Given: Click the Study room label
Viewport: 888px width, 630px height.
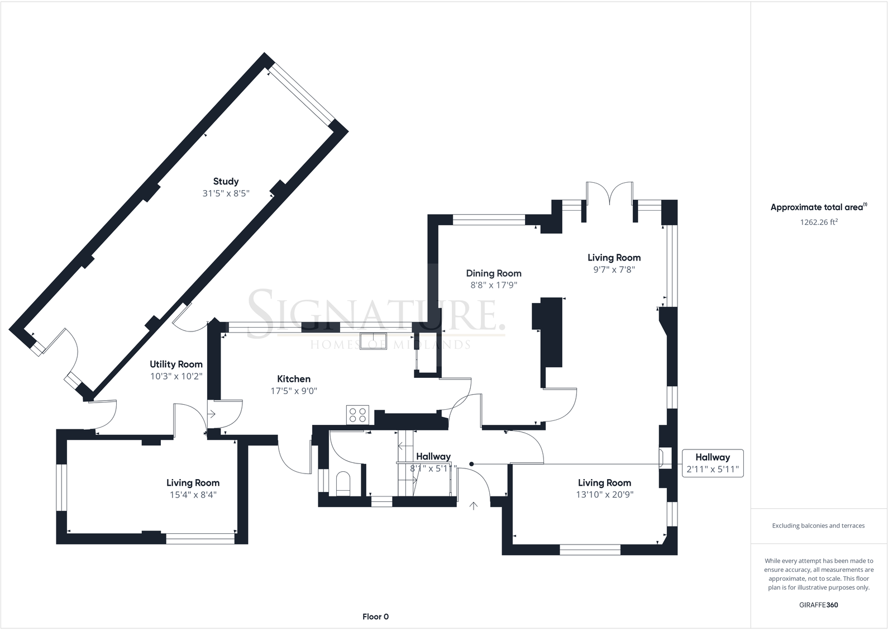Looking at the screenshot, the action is [226, 181].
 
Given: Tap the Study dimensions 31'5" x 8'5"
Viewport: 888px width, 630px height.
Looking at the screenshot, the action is [226, 193].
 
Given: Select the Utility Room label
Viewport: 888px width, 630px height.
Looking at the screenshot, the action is [176, 364].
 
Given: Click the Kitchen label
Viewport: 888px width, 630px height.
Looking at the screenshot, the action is [294, 379].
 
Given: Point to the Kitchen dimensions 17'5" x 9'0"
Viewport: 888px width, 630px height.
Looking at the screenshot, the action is [294, 391].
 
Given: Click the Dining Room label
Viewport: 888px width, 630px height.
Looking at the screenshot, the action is [494, 273].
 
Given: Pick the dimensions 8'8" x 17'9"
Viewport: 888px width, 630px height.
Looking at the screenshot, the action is [494, 285].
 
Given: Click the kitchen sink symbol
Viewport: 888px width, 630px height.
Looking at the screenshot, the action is [373, 341].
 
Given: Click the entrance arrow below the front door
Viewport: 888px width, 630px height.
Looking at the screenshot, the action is [474, 506].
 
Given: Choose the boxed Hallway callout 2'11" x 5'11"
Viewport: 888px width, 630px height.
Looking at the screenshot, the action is [713, 463].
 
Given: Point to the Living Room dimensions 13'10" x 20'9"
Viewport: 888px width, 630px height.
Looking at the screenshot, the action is [605, 495].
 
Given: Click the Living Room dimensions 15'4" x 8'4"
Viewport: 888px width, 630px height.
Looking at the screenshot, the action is [193, 495].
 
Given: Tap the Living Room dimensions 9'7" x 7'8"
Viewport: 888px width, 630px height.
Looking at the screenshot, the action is [614, 269].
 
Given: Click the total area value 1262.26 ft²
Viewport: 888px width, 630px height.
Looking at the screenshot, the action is [819, 222].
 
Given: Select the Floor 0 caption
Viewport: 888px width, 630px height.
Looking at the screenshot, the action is [375, 617].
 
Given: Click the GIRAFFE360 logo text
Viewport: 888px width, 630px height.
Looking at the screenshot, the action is [819, 605].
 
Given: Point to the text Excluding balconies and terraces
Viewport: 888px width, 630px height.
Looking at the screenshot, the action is [819, 525].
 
